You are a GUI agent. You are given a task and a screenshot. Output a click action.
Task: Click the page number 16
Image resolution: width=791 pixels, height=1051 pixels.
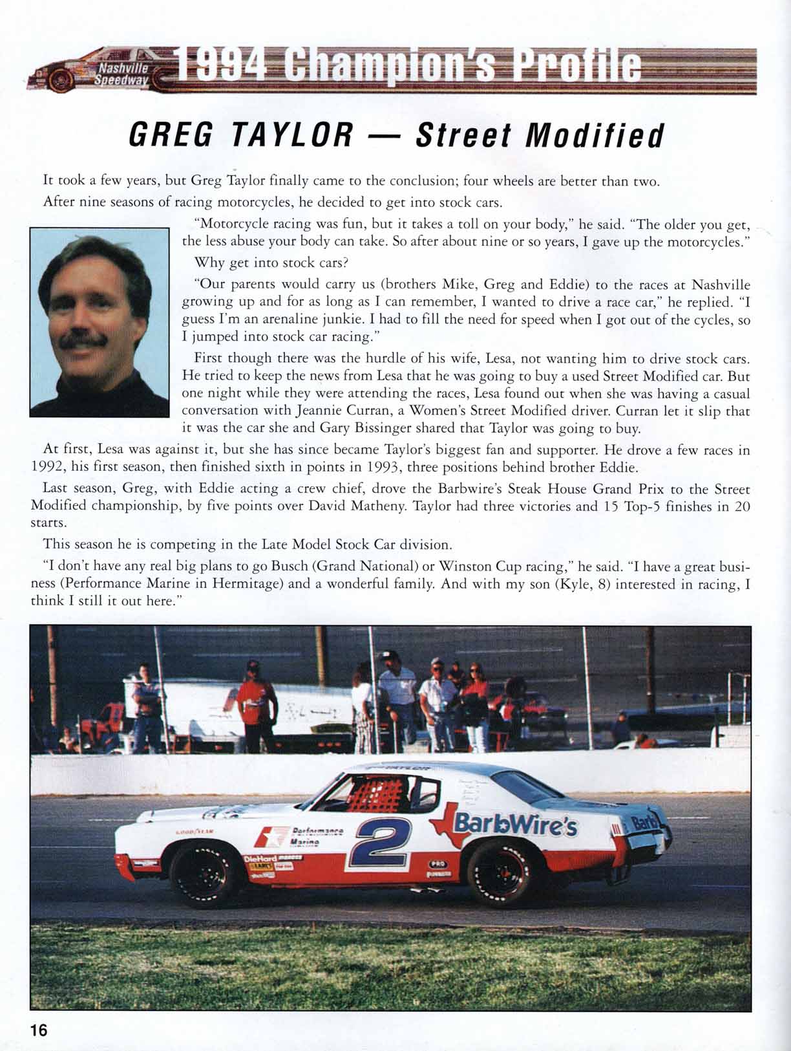[39, 1030]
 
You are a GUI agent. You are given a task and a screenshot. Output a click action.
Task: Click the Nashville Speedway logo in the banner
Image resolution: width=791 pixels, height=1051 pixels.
[123, 75]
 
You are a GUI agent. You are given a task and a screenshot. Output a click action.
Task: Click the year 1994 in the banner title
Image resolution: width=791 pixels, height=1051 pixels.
[220, 69]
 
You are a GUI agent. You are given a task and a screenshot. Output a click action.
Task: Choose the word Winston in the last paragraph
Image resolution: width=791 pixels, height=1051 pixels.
[465, 566]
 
